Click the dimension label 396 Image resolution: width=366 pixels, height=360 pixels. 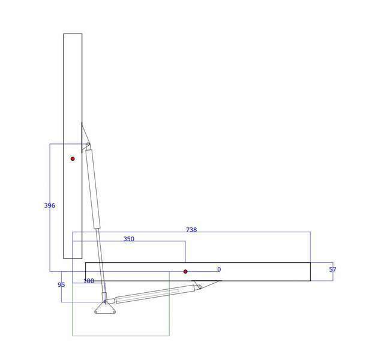coord(49,205)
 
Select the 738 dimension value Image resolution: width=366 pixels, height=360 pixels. coord(191,230)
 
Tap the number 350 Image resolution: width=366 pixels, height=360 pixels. coord(129,239)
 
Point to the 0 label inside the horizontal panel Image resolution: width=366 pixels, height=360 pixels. coord(219,269)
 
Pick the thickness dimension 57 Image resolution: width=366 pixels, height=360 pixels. coord(332,269)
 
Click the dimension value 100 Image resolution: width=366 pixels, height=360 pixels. coord(89,281)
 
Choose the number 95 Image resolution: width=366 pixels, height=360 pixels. coord(61,285)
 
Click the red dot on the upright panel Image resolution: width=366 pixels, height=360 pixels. coord(73,159)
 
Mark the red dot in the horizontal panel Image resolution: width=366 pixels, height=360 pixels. coord(185,272)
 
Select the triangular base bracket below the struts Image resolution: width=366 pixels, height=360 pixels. coord(105,308)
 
